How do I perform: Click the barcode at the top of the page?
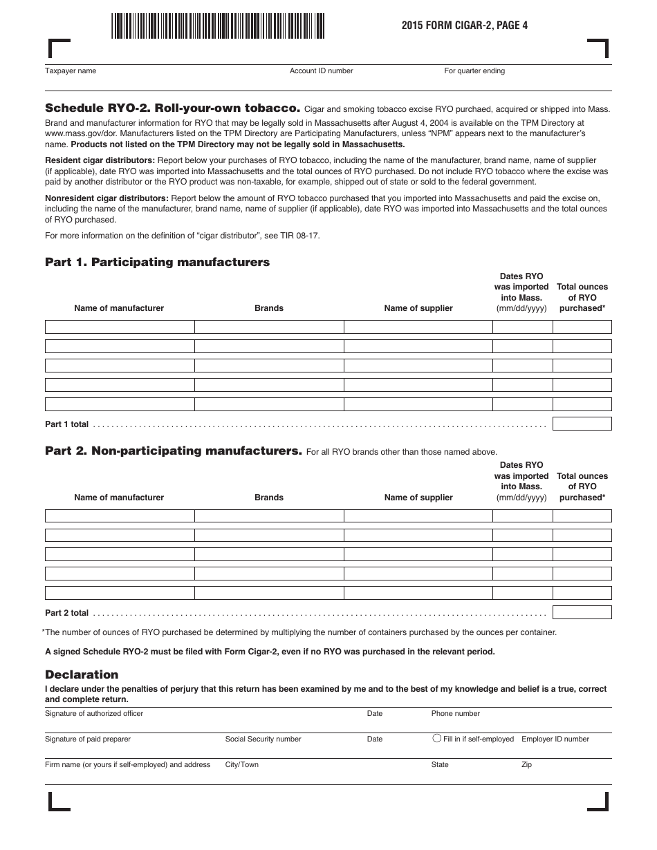(x=218, y=26)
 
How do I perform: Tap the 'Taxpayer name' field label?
(x=71, y=71)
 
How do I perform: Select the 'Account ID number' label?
(x=321, y=71)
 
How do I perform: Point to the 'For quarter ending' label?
(x=474, y=71)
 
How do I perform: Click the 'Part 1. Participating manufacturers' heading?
(x=157, y=263)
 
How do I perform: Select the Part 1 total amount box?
(x=582, y=424)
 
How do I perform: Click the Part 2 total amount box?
(x=582, y=612)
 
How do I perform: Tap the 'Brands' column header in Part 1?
(x=269, y=308)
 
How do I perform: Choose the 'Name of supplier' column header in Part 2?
(x=418, y=498)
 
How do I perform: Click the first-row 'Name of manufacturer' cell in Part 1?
(x=120, y=327)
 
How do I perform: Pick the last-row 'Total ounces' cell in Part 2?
(x=582, y=593)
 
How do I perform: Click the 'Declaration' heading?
(x=82, y=674)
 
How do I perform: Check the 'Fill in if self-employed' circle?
(x=436, y=738)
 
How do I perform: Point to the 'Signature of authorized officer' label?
(x=94, y=713)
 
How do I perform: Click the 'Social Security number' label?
(x=263, y=739)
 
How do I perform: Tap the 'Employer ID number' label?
(x=555, y=739)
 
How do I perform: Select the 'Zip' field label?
(x=526, y=765)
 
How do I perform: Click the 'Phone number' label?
(x=455, y=713)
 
